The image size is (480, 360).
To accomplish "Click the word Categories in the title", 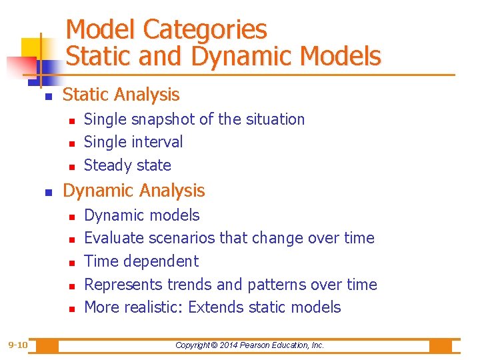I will click(x=205, y=30).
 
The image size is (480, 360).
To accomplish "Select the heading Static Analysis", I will click(x=121, y=95).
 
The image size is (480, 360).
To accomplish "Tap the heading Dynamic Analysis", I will click(x=133, y=191).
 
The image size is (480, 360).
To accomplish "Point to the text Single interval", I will click(x=133, y=142).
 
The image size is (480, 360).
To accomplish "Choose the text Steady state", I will click(x=127, y=165).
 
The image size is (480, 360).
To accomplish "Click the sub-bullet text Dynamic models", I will click(x=142, y=215).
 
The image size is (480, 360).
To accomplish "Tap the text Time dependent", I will click(x=141, y=261).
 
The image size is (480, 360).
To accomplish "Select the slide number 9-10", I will click(x=17, y=345).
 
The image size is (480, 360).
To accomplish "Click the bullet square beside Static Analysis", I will click(x=47, y=97).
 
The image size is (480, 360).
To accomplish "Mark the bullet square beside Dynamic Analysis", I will click(x=47, y=192).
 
